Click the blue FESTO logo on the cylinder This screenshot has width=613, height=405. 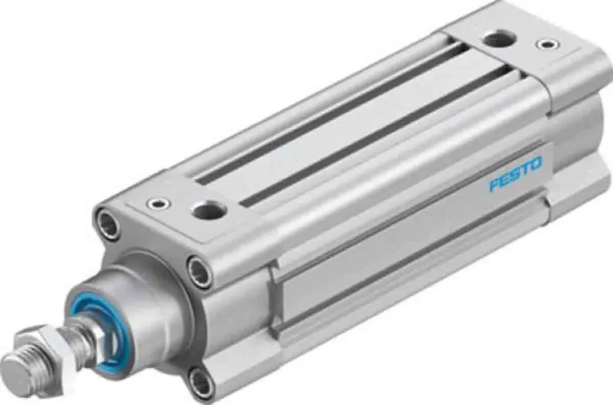515,174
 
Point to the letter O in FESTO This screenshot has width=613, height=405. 535,164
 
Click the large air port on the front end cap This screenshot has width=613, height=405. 209,210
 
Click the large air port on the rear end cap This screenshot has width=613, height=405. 498,39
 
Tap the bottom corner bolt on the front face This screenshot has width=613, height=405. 200,382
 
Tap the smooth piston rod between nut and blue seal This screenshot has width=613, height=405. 83,336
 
